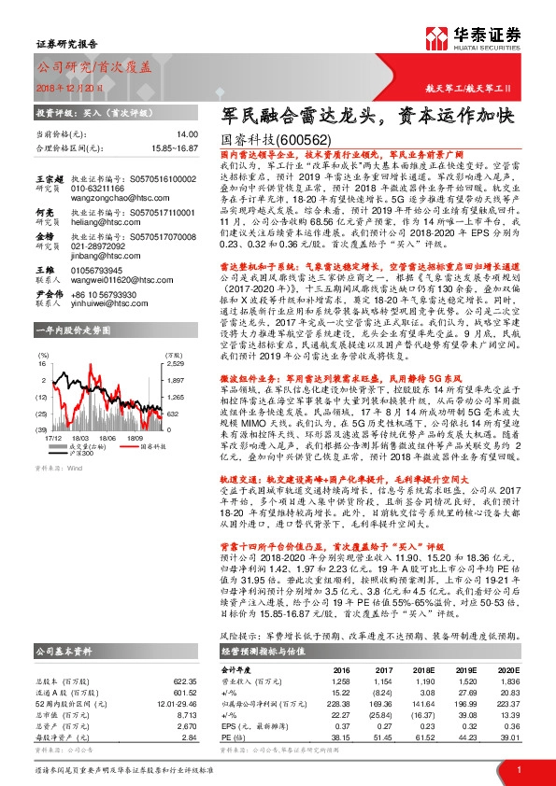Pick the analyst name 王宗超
click(x=48, y=175)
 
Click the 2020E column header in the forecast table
click(x=505, y=669)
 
